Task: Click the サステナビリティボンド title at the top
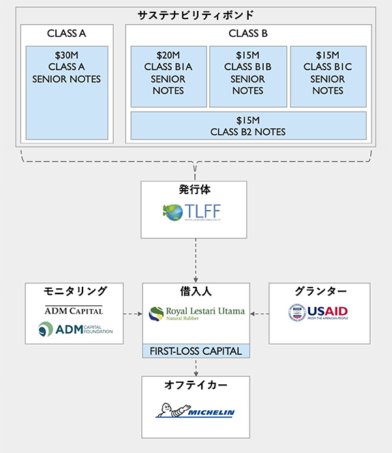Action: pos(196,15)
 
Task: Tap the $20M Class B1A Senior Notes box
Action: pos(168,76)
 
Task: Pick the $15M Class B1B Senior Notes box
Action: pos(247,76)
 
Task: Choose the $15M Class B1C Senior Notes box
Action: pos(327,76)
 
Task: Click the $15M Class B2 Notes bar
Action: pos(247,125)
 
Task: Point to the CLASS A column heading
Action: pos(66,33)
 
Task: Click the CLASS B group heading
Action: pos(247,33)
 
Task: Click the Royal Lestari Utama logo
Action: pos(196,314)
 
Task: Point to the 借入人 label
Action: pos(196,291)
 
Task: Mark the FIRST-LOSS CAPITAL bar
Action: pos(196,352)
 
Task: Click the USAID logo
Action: pos(318,313)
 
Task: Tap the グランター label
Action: pos(319,291)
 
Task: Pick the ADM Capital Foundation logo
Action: pos(75,330)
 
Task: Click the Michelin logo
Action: pos(195,411)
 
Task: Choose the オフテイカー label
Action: pos(196,385)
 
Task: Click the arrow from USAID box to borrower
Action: pos(260,314)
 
